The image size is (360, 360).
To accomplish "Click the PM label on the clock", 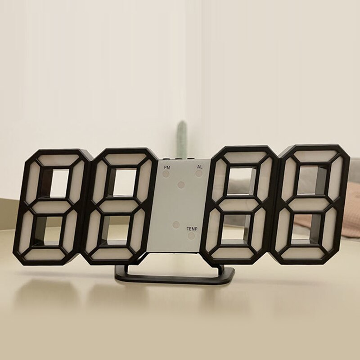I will point(167,167).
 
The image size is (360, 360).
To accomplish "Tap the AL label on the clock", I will point(199,167).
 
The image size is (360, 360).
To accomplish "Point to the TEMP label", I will point(192,229).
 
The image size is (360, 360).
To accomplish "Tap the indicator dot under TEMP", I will point(192,235).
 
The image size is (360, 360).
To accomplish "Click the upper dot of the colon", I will point(181,184).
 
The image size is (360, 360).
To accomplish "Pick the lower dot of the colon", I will point(176,224).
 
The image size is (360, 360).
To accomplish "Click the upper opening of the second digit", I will point(121,182).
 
